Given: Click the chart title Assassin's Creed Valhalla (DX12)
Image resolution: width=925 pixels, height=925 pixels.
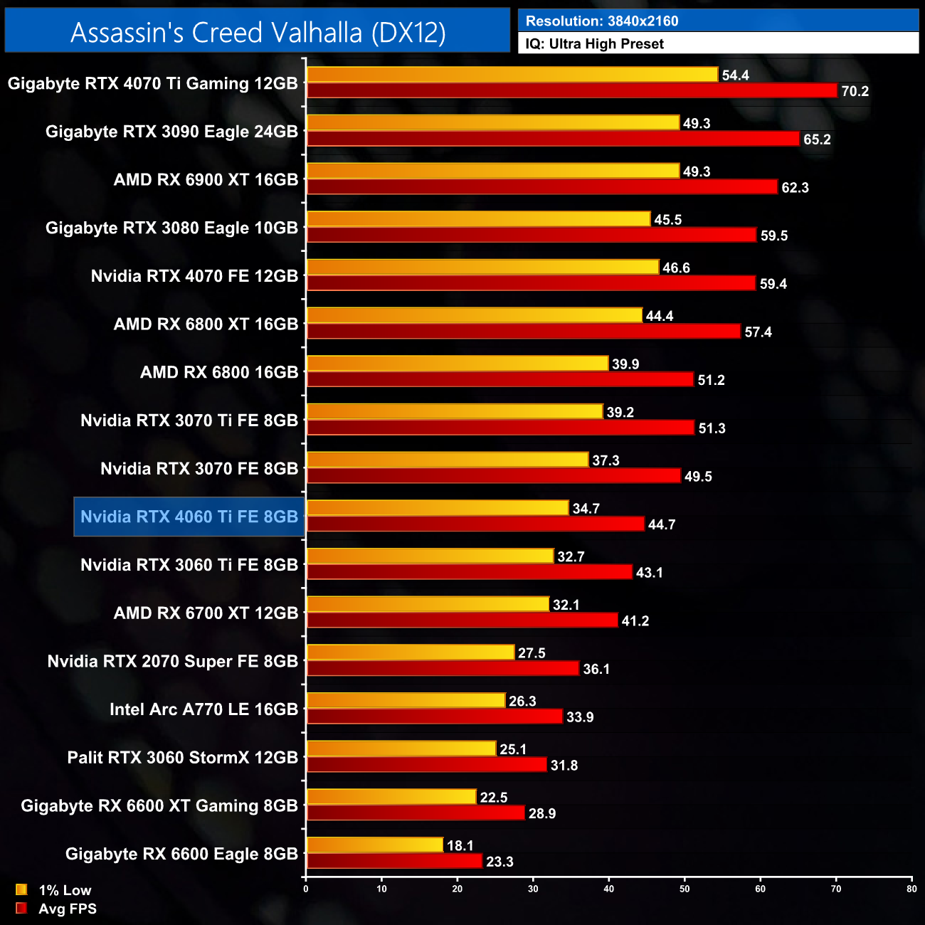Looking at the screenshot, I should point(258,32).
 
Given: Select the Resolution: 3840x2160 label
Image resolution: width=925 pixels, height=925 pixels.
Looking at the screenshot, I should point(602,21).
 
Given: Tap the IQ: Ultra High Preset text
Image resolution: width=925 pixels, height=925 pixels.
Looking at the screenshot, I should point(594,44).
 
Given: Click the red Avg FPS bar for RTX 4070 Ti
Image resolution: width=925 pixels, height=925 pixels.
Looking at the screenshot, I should point(571,91).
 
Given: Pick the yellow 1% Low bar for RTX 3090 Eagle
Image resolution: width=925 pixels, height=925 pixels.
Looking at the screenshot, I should point(492,123).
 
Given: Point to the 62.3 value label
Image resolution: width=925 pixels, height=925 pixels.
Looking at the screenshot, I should point(795,188).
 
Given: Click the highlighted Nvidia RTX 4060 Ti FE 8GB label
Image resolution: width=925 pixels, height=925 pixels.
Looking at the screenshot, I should point(189,517).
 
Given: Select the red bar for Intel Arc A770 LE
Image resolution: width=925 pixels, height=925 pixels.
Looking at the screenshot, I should point(434,717).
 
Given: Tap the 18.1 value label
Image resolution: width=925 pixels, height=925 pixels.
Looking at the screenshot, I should point(460,845).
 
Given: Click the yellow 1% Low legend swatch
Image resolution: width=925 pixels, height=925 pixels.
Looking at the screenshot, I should point(21,889).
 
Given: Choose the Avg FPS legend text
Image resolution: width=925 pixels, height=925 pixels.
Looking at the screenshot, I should point(68,909).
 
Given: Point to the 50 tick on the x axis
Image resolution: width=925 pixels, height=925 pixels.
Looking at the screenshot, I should point(684,888).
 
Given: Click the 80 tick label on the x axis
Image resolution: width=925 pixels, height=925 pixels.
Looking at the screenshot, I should point(911,888).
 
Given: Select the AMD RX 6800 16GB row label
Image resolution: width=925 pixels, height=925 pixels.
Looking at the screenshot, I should point(219,372).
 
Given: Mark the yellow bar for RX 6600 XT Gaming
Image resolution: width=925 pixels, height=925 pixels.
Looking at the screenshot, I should point(391,797).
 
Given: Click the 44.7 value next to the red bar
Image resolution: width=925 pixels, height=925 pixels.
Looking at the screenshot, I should point(661,524).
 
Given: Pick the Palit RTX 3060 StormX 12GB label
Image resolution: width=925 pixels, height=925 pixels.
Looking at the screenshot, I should point(183,757).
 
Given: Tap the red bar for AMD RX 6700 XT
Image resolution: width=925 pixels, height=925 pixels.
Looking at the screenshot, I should point(462,620).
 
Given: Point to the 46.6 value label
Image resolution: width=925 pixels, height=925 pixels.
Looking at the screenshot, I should point(676,268).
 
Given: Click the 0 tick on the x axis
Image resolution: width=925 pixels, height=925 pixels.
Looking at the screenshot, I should point(306,888).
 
